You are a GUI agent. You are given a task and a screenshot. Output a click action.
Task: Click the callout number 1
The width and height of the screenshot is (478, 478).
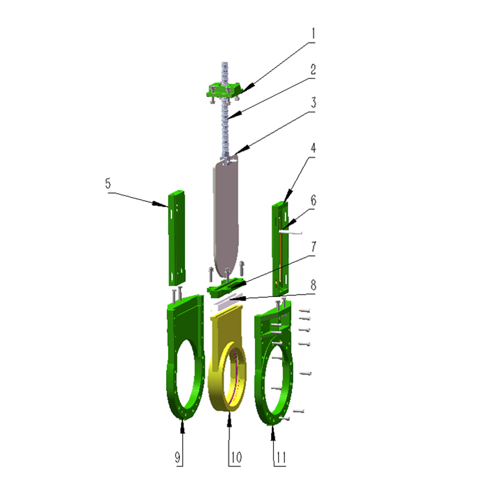tap(312, 33)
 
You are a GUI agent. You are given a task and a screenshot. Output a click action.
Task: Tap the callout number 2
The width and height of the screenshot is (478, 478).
tap(313, 70)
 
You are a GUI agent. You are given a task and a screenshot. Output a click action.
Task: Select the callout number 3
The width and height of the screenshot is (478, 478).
tap(313, 102)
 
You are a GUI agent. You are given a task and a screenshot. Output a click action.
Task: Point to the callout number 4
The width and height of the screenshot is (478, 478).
tap(313, 148)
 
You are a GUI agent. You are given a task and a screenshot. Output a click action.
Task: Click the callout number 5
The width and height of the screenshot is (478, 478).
tap(108, 183)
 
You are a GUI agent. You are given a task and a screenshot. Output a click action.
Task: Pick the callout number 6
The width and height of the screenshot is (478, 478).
tap(313, 200)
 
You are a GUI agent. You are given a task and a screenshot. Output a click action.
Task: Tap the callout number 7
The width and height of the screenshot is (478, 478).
tap(314, 247)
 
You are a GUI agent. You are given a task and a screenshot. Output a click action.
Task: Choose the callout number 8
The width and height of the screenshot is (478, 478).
tap(313, 285)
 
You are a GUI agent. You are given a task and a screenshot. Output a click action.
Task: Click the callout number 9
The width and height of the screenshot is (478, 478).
tap(177, 457)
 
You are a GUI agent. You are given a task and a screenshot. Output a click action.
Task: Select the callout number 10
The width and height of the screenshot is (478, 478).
tap(236, 457)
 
